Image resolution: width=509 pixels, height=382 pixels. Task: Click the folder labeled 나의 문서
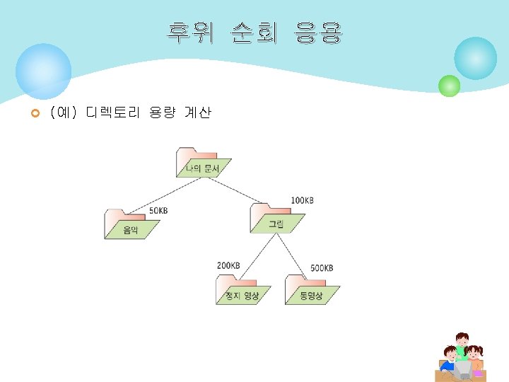pyautogui.click(x=203, y=163)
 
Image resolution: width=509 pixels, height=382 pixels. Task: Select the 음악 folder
pyautogui.click(x=131, y=224)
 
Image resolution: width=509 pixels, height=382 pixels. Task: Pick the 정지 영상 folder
pyautogui.click(x=242, y=290)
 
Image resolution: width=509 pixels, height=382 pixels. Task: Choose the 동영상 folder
pyautogui.click(x=312, y=290)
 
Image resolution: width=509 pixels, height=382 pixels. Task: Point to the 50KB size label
pyautogui.click(x=158, y=210)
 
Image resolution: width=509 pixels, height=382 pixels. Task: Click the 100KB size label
pyautogui.click(x=302, y=201)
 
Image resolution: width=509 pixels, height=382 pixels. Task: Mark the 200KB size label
pyautogui.click(x=228, y=265)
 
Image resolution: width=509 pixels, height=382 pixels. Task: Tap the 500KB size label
pyautogui.click(x=322, y=268)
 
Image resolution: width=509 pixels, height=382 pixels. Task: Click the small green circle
pyautogui.click(x=449, y=86)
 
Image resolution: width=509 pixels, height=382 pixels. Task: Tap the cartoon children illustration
pyautogui.click(x=460, y=357)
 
